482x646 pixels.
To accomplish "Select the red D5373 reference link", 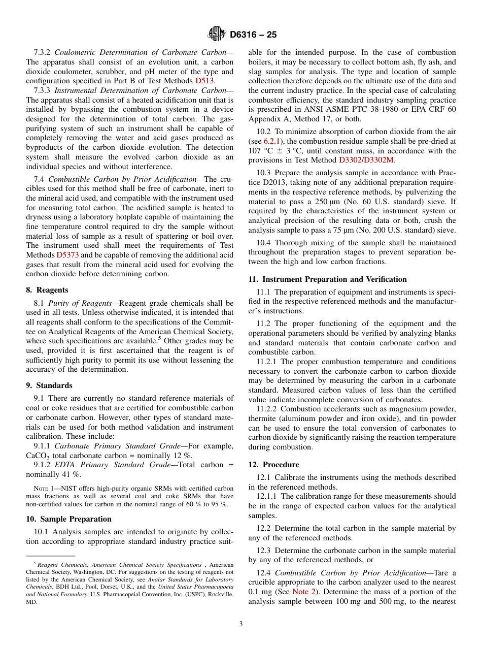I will tap(67, 255).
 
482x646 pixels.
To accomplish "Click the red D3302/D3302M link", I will tap(366, 160).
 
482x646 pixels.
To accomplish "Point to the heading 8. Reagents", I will tap(47, 290).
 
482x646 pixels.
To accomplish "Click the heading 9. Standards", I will tap(49, 385).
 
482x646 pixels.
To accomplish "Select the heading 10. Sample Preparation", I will tap(68, 519).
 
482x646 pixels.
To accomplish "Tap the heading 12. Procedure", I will tap(273, 465).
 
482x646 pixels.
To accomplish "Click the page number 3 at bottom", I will tap(241, 624).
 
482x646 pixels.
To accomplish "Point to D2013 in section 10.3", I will tap(260, 183).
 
